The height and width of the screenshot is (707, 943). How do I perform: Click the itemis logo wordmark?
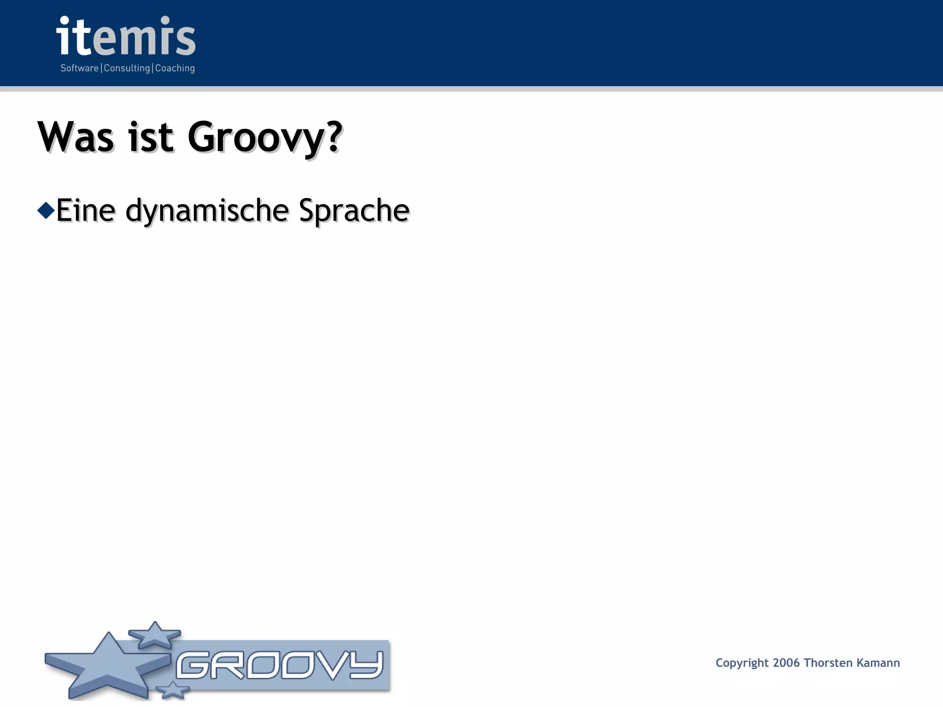tap(126, 37)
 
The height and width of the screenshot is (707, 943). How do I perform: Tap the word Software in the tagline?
tap(80, 68)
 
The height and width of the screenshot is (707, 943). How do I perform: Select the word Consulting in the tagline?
tap(127, 68)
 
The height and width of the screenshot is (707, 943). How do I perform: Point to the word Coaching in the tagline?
tap(175, 68)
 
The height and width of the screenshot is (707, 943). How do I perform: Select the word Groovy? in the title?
tap(265, 138)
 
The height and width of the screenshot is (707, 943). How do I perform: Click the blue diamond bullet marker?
tap(46, 210)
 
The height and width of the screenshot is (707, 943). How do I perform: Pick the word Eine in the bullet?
tap(86, 210)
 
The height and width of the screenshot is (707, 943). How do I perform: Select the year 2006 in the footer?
tap(786, 663)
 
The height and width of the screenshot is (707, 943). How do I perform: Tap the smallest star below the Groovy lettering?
tap(172, 690)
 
